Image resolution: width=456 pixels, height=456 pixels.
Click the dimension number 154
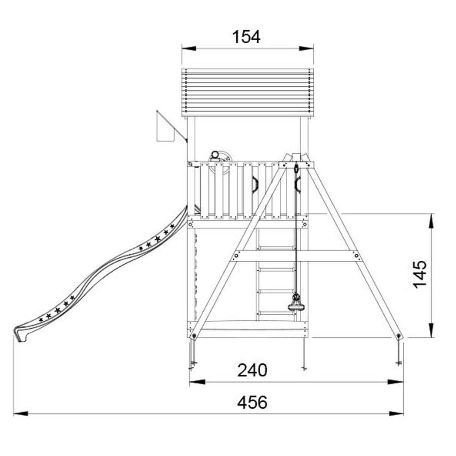(x=246, y=37)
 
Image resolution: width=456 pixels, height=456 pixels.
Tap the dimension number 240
(x=252, y=370)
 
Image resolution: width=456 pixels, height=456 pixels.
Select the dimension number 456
(x=252, y=402)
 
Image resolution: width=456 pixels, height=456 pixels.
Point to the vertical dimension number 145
(x=420, y=274)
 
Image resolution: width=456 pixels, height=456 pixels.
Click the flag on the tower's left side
(x=166, y=128)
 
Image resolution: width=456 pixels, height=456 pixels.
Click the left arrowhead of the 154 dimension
(x=189, y=49)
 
